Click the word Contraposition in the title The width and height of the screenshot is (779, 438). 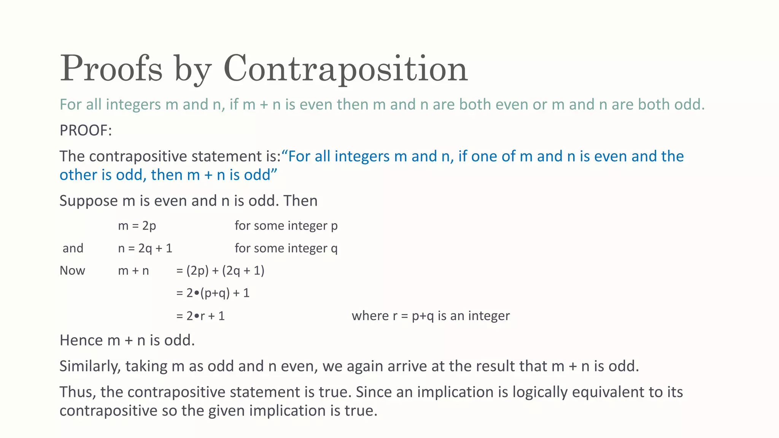pos(345,69)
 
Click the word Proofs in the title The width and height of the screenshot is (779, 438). pos(111,69)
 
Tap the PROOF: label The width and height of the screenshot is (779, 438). pos(86,130)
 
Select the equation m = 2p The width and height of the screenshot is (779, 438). pos(137,225)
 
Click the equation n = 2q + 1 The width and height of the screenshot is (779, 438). pos(145,248)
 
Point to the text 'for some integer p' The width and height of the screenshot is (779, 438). pos(286,225)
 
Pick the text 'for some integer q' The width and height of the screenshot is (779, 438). pos(286,248)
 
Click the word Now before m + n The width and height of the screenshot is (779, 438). pos(72,271)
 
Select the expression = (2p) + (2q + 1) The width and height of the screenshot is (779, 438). pos(220,271)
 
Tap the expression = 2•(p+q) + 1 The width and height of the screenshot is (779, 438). pos(213,293)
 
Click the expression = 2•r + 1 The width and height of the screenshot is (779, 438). pos(200,316)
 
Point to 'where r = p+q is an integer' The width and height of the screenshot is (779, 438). pos(431,316)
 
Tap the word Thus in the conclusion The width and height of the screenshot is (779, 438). pos(78,392)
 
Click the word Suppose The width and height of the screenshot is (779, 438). pos(88,201)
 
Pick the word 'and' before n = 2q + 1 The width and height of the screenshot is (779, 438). pos(73,248)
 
